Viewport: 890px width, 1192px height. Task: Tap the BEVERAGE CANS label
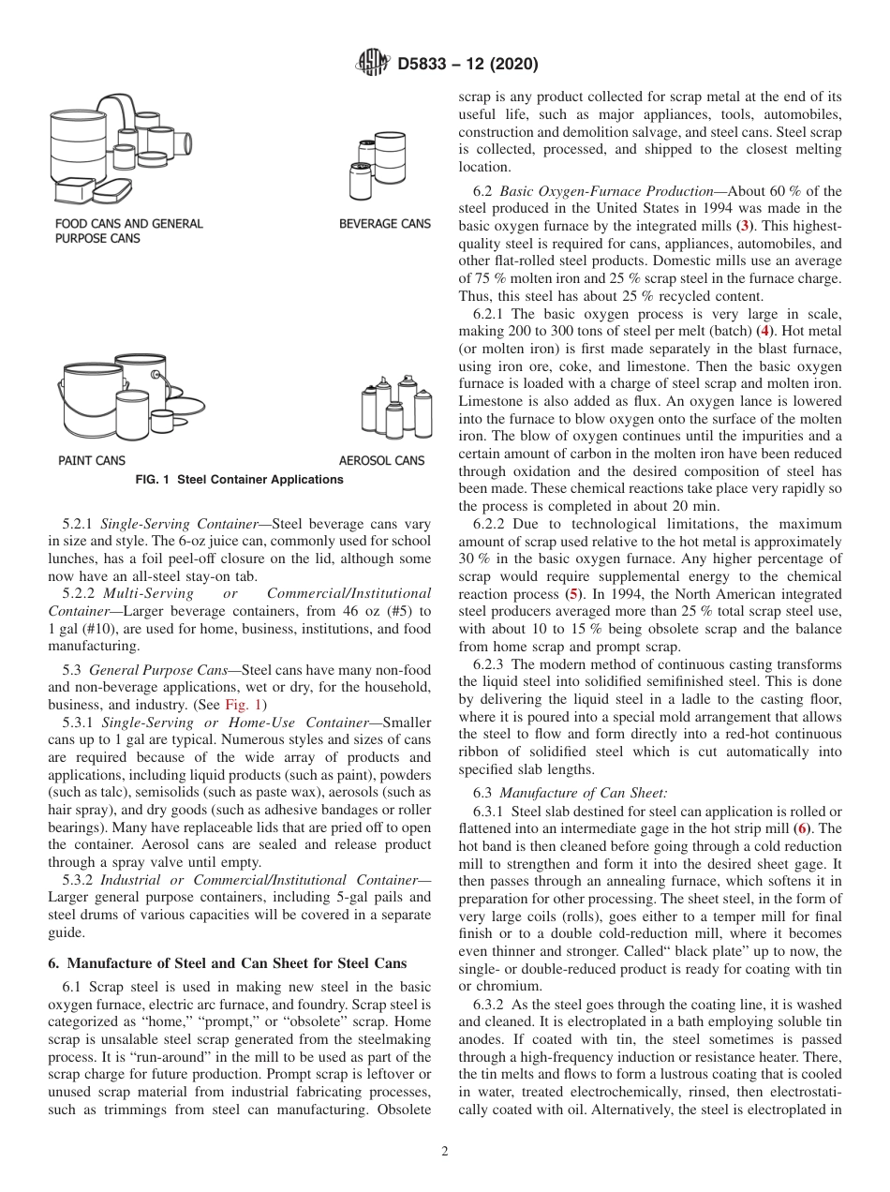click(x=385, y=224)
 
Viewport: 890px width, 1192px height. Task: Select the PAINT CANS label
click(x=91, y=460)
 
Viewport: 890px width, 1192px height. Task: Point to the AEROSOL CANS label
click(x=381, y=460)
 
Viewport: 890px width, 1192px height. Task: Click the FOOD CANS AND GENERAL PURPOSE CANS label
click(x=128, y=231)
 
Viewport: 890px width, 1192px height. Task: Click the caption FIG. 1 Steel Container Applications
click(x=240, y=480)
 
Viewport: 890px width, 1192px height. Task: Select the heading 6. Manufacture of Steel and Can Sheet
click(x=227, y=963)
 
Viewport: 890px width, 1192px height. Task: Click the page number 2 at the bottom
click(x=445, y=1152)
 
